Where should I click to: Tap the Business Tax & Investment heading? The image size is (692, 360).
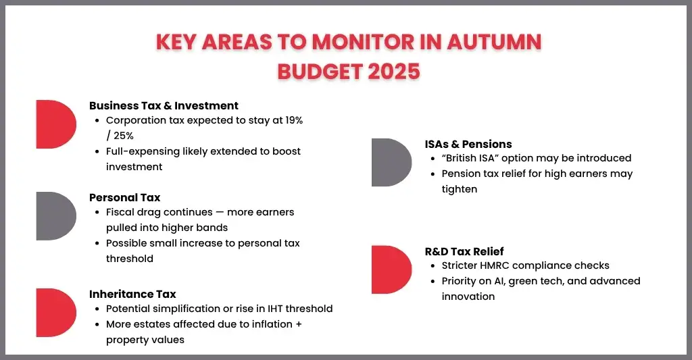pyautogui.click(x=164, y=105)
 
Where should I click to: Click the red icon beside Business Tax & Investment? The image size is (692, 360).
pyautogui.click(x=55, y=124)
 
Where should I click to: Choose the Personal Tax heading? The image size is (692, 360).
pyautogui.click(x=125, y=197)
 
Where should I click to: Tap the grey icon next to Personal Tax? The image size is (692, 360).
pyautogui.click(x=55, y=216)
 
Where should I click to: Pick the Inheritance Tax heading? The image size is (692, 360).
pyautogui.click(x=132, y=294)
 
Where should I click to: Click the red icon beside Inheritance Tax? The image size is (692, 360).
pyautogui.click(x=55, y=313)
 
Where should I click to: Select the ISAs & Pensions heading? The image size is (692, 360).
pyautogui.click(x=468, y=144)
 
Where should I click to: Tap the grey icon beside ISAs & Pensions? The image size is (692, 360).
pyautogui.click(x=391, y=163)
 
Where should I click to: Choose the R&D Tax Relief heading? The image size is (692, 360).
pyautogui.click(x=464, y=251)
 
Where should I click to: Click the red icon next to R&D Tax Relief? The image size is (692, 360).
pyautogui.click(x=391, y=270)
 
